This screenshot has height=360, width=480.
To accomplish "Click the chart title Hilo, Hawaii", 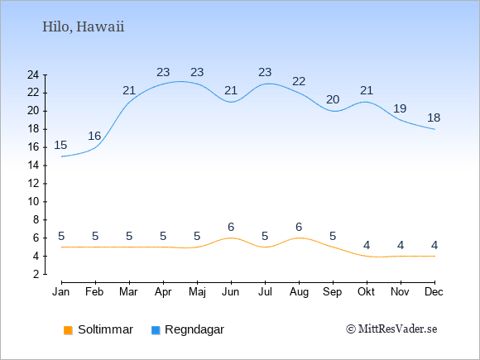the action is pos(84,26).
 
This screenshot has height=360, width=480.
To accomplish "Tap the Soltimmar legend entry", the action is pos(98,329).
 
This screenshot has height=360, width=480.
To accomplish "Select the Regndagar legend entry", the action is pos(188,329).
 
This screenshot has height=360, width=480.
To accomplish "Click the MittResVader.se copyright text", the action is pos(391,329).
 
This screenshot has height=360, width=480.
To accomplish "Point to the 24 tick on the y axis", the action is pos(33,74).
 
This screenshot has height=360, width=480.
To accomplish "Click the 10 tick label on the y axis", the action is pos(33,202).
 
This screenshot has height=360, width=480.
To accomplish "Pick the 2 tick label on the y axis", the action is pos(36,274).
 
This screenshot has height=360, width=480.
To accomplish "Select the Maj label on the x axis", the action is pos(197,292).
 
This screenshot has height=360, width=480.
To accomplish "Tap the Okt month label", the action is pos(366,292).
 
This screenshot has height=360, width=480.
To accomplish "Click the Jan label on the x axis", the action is pos(61,292).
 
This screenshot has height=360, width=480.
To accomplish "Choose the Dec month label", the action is pos(434,292).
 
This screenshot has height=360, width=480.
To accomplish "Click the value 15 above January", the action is pos(60,145).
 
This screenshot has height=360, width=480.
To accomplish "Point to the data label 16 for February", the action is pos(94,136).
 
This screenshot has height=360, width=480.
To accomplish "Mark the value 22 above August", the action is pos(299,81).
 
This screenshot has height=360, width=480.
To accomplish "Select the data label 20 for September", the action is pos(333,99).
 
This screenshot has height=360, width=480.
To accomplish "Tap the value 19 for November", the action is pos(400,108).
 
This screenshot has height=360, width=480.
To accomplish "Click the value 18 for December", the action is pos(434,118).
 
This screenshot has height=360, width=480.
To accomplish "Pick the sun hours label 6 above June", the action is pos(231,227).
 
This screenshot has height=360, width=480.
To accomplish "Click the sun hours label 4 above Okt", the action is pos(367,245).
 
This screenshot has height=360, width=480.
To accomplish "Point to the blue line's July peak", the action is pos(267,84).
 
